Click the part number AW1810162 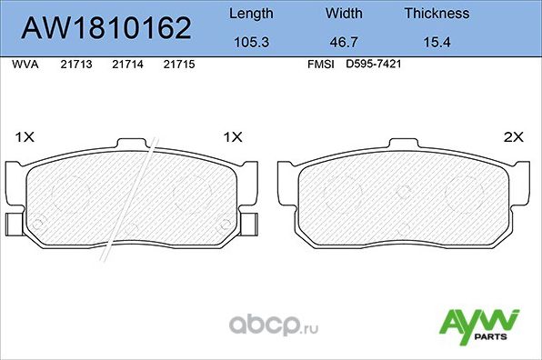pyautogui.click(x=105, y=28)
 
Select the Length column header pyautogui.click(x=249, y=14)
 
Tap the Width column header pyautogui.click(x=343, y=14)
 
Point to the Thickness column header pyautogui.click(x=437, y=14)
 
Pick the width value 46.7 pyautogui.click(x=343, y=42)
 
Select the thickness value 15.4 pyautogui.click(x=437, y=42)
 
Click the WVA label pyautogui.click(x=24, y=65)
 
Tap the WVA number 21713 pyautogui.click(x=75, y=65)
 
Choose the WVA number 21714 pyautogui.click(x=126, y=65)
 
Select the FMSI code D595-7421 pyautogui.click(x=373, y=65)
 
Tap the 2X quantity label pyautogui.click(x=515, y=137)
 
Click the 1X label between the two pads pyautogui.click(x=233, y=137)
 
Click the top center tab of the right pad pyautogui.click(x=403, y=143)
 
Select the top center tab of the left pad pyautogui.click(x=133, y=143)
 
